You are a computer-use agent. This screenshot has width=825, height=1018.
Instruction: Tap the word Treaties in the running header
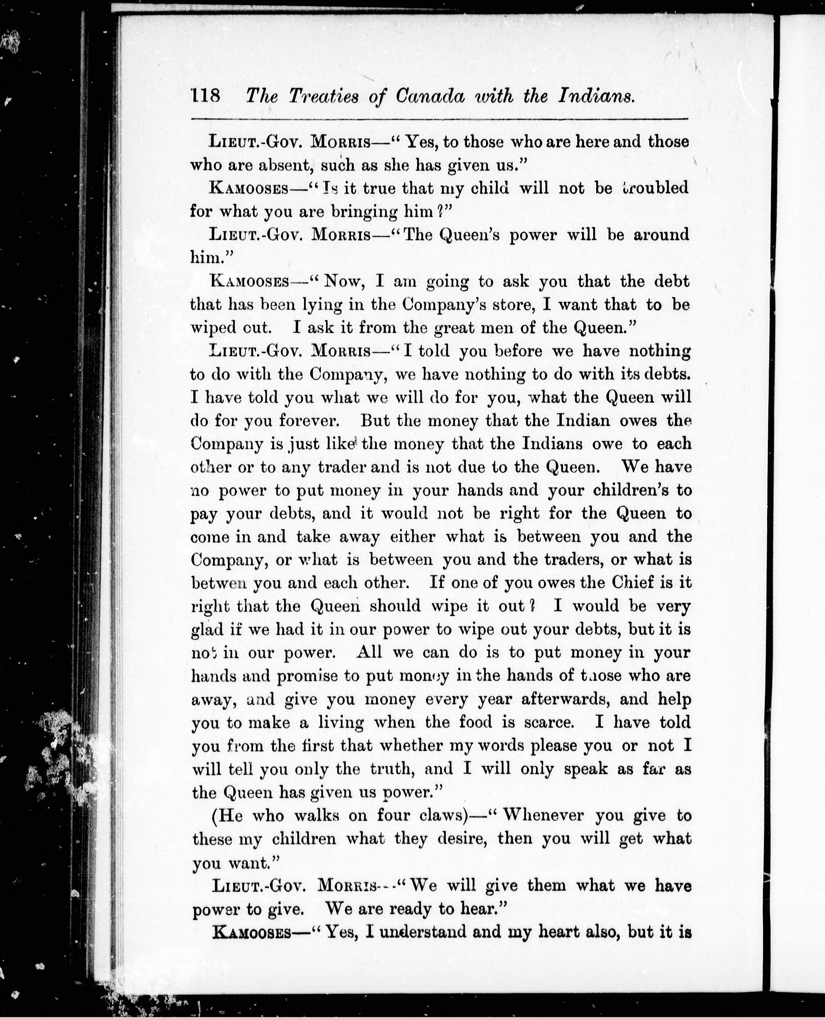coord(324,97)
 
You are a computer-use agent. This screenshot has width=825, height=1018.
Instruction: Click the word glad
coord(207,630)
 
